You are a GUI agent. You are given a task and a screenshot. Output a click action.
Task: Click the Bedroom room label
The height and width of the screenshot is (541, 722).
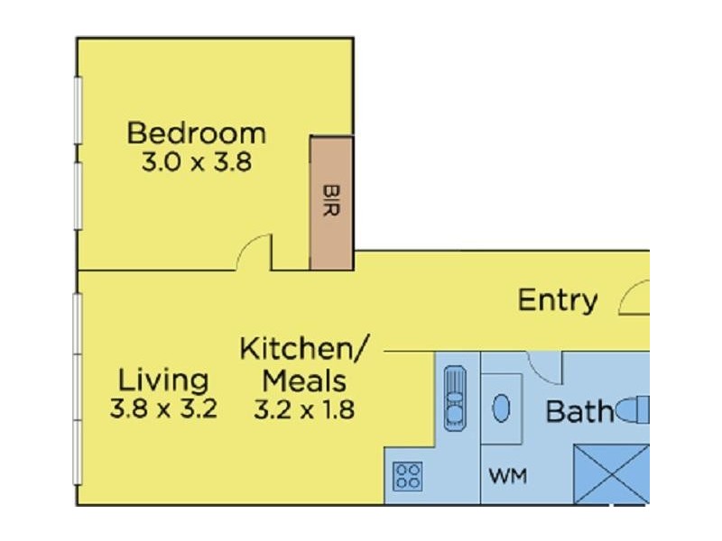point(197,133)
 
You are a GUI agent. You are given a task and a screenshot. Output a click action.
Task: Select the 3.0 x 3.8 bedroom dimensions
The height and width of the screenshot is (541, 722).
point(197,162)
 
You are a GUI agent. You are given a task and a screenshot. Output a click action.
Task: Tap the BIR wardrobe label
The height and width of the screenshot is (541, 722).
point(331,200)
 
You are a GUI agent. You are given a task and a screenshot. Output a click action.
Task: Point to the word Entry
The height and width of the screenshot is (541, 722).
point(558,301)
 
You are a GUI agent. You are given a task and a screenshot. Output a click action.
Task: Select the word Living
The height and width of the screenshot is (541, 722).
point(163,381)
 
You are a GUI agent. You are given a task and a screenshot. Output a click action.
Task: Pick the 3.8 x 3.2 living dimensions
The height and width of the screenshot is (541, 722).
point(163,409)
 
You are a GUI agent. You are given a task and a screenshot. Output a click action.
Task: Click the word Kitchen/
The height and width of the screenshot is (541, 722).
point(304,349)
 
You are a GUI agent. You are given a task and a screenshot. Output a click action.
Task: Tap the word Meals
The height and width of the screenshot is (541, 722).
point(304,381)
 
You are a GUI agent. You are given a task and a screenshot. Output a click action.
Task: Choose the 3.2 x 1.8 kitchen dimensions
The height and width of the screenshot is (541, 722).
point(304,409)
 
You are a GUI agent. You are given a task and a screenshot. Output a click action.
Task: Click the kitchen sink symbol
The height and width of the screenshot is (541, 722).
point(455,398)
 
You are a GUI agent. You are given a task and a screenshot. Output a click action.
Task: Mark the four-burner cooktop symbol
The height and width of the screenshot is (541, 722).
point(408,476)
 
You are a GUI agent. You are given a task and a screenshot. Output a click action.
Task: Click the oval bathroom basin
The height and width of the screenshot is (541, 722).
point(502,408)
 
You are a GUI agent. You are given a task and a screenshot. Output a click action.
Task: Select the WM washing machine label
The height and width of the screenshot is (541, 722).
point(508,476)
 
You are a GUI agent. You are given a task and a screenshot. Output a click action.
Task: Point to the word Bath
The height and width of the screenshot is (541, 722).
point(579,411)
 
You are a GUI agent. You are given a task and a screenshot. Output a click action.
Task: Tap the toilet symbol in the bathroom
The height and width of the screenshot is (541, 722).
point(633,409)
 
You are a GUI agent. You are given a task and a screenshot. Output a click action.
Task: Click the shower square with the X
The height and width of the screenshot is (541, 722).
point(612,474)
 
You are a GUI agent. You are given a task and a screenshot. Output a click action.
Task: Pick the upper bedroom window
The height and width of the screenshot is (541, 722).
point(79,110)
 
